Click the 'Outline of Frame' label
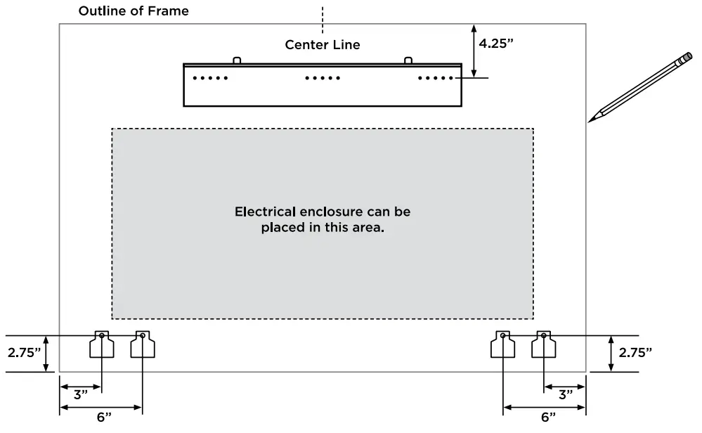click(134, 11)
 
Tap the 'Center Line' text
click(323, 45)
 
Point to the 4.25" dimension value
click(496, 43)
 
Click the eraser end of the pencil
click(687, 58)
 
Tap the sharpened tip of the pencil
click(589, 122)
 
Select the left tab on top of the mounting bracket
click(237, 60)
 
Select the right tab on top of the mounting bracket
click(408, 60)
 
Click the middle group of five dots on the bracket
click(323, 78)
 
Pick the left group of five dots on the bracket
click(210, 78)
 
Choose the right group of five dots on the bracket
click(436, 78)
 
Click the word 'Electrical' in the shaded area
click(265, 212)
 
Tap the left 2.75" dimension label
click(24, 353)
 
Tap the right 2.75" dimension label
click(635, 353)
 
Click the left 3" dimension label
click(81, 395)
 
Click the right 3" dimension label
click(566, 395)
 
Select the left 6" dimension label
click(104, 418)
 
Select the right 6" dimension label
click(548, 418)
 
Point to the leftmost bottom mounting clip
click(102, 344)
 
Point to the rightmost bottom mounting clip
click(543, 344)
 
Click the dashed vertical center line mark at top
click(323, 20)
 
